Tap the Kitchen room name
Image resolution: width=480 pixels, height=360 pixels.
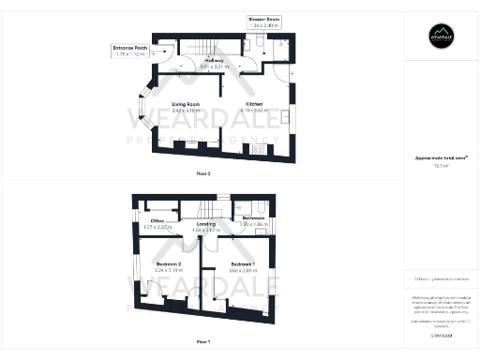click(x=254, y=104)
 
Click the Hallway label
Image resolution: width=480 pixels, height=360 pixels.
click(x=214, y=60)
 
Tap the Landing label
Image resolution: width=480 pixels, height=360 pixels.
click(x=206, y=224)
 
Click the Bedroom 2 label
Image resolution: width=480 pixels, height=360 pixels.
click(x=169, y=264)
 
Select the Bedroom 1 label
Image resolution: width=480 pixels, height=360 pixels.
click(x=243, y=264)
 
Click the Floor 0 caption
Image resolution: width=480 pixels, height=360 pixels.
click(x=203, y=174)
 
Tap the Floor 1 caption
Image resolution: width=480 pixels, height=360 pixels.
click(x=203, y=341)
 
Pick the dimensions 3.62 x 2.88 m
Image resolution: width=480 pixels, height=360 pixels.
click(x=243, y=270)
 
